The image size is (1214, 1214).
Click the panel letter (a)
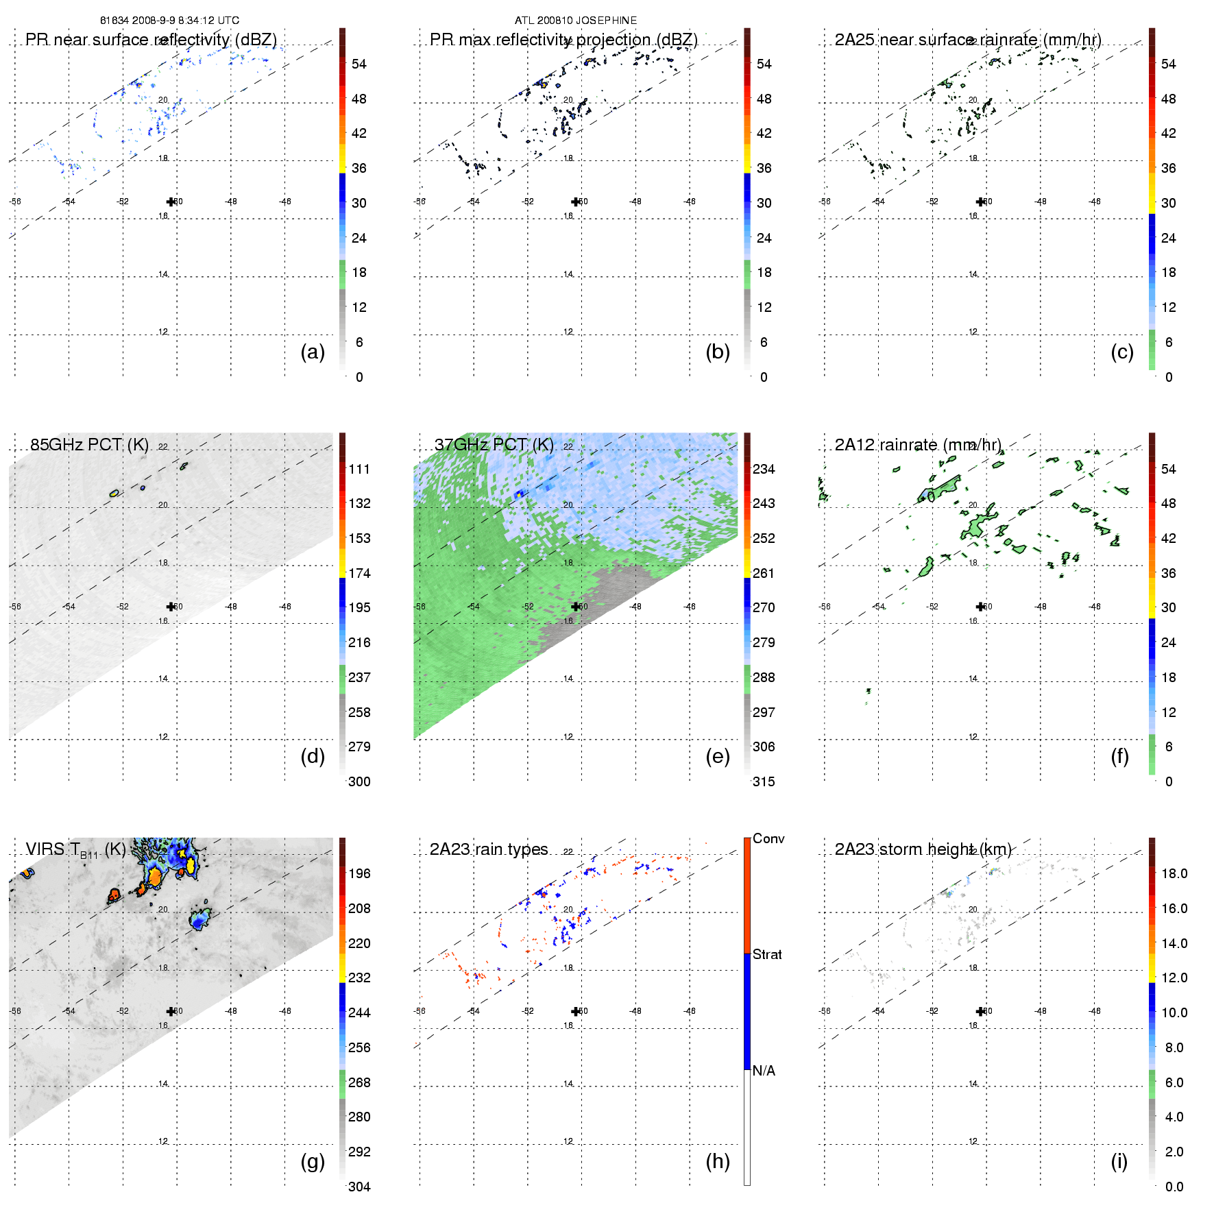click(x=313, y=352)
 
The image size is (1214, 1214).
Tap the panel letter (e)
click(x=718, y=756)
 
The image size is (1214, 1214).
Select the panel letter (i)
click(x=1119, y=1161)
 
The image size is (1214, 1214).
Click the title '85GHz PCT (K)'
click(x=89, y=444)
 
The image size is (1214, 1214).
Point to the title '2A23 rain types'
click(x=489, y=849)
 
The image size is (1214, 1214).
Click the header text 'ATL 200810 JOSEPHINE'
click(x=576, y=21)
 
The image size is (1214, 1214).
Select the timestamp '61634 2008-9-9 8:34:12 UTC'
click(x=169, y=21)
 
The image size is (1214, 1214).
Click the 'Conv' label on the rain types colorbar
click(x=768, y=838)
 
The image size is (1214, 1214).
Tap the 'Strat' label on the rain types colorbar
click(x=767, y=954)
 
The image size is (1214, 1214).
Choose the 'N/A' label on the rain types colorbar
click(x=764, y=1071)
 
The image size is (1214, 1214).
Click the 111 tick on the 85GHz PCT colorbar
click(x=359, y=469)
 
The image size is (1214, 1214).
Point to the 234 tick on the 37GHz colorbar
click(x=764, y=469)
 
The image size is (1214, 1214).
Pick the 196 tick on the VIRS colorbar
click(x=359, y=873)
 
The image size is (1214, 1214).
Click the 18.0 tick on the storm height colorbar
click(x=1174, y=873)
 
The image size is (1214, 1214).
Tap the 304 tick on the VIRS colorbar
click(x=359, y=1187)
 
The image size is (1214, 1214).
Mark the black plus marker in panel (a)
click(x=171, y=202)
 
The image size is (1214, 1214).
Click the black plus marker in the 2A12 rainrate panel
click(x=980, y=607)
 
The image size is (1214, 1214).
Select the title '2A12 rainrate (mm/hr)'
click(x=918, y=444)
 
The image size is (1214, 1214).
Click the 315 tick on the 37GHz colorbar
click(x=764, y=781)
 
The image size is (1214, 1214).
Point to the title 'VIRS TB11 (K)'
click(x=75, y=849)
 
